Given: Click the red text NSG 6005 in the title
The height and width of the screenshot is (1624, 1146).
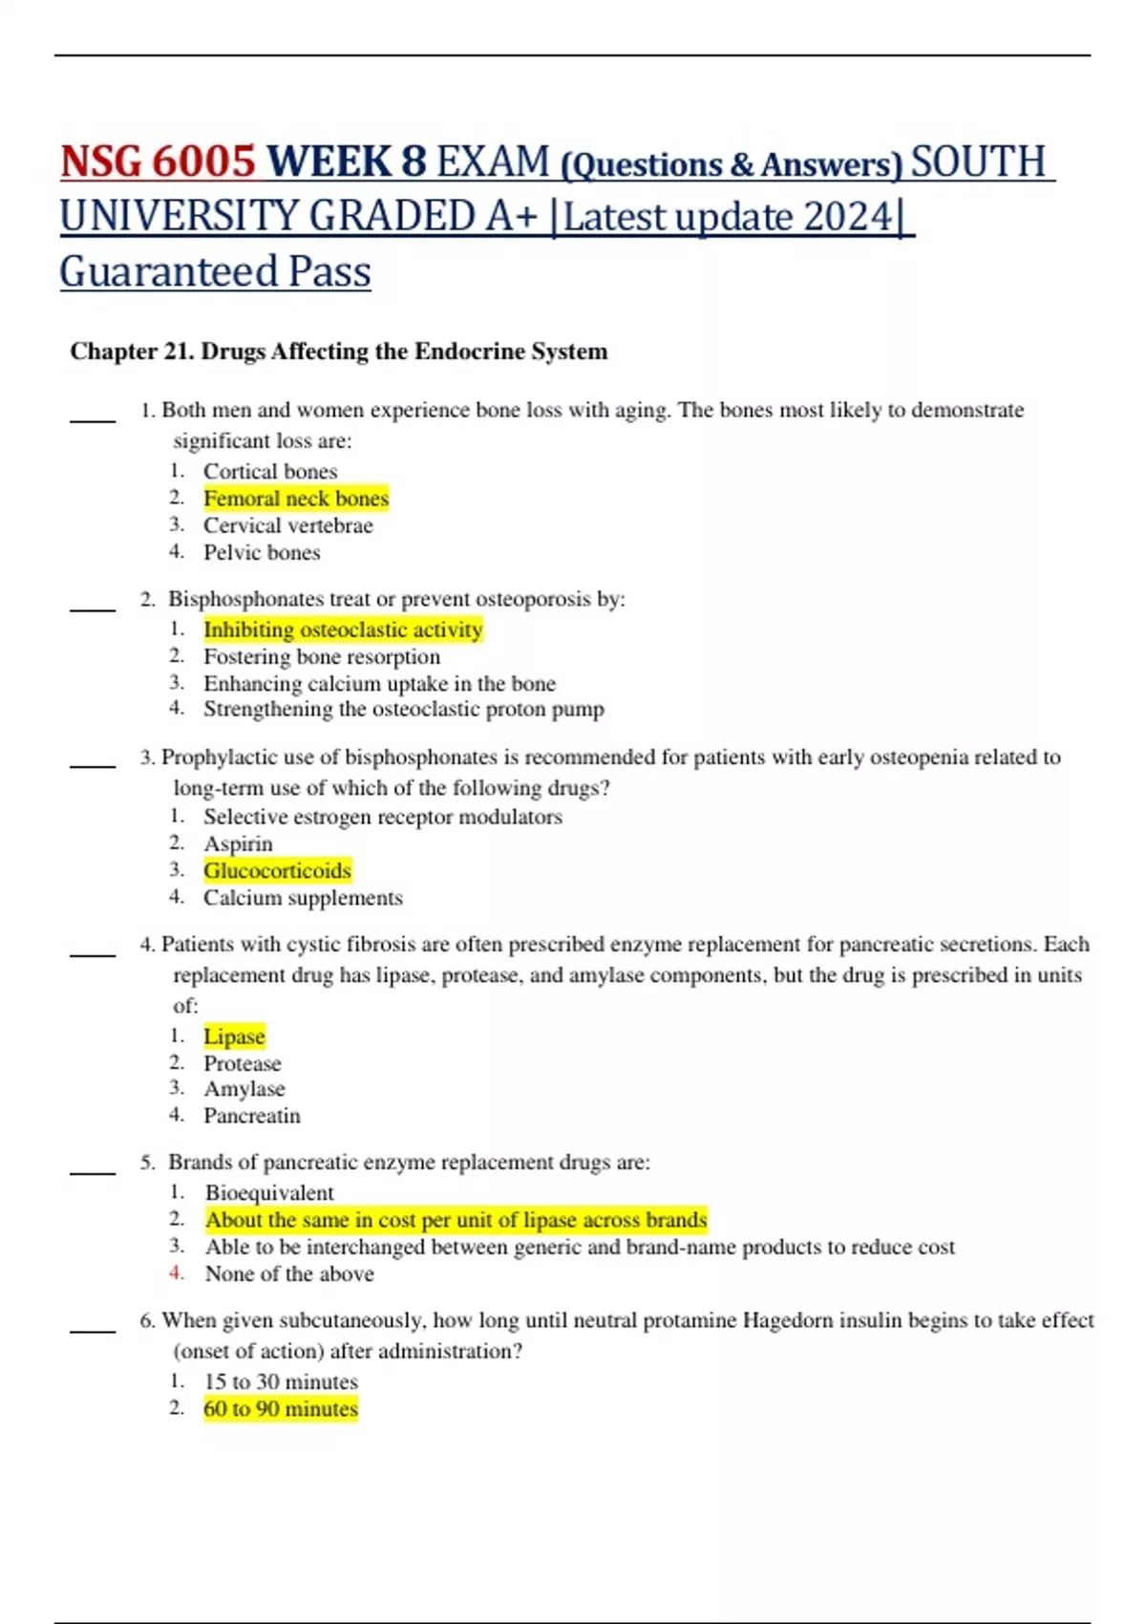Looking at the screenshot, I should [158, 161].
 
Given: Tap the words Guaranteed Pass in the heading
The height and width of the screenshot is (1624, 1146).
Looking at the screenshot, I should [215, 272].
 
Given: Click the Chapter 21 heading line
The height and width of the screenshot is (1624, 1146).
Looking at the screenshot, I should [338, 352].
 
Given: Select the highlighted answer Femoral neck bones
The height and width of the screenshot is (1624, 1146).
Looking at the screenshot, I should [296, 499].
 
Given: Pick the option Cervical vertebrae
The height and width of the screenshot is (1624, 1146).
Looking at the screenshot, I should [287, 525].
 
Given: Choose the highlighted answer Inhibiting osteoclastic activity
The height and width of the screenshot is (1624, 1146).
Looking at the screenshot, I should [343, 630].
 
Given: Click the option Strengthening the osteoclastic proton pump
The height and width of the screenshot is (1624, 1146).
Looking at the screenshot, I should [403, 709].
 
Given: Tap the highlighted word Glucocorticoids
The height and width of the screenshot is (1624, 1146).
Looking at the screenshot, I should [277, 870].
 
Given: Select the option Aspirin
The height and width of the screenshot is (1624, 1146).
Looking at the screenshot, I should [238, 844].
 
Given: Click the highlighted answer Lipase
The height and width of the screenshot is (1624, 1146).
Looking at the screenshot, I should [234, 1036].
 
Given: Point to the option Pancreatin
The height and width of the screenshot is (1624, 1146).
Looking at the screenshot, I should [251, 1116].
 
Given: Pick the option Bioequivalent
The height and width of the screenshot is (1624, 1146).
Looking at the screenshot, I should [269, 1193].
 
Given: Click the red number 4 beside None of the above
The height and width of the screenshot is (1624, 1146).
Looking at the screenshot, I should [176, 1272].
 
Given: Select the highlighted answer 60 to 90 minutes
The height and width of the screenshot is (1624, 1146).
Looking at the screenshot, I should [281, 1409].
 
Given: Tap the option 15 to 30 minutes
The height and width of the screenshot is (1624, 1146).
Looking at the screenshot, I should [281, 1382].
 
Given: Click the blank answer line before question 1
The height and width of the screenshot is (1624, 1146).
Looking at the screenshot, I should [93, 418].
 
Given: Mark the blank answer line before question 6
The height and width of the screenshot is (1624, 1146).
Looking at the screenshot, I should [93, 1329].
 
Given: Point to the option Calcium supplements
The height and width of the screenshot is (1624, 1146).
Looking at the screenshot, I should [303, 898].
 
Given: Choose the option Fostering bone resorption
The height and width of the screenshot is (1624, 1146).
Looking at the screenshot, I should [322, 657].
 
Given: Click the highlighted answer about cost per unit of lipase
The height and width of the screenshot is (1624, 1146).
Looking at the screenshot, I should [456, 1220].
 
